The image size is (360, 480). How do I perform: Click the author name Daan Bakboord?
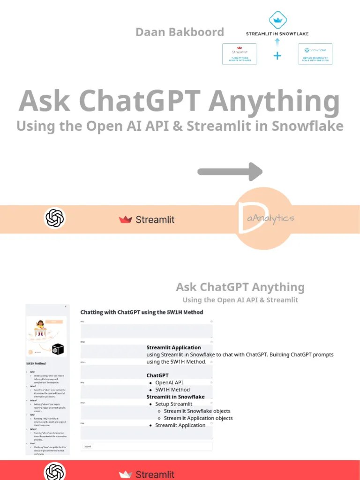pyautogui.click(x=180, y=32)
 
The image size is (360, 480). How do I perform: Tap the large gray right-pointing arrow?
pyautogui.click(x=230, y=172)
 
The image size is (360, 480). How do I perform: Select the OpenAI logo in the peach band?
pyautogui.click(x=55, y=218)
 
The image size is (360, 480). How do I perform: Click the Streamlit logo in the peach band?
pyautogui.click(x=147, y=219)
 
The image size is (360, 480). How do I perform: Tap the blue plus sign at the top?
pyautogui.click(x=277, y=56)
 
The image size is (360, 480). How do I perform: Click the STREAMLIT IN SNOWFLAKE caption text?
pyautogui.click(x=277, y=34)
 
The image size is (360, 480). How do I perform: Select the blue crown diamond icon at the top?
pyautogui.click(x=277, y=19)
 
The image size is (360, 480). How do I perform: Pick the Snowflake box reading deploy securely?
pyautogui.click(x=315, y=54)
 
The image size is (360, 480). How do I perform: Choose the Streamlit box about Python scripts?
pyautogui.click(x=240, y=54)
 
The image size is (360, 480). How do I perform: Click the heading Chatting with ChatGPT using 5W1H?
pyautogui.click(x=142, y=312)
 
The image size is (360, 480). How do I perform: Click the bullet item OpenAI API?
pyautogui.click(x=169, y=382)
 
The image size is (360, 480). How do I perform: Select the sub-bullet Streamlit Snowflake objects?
pyautogui.click(x=197, y=411)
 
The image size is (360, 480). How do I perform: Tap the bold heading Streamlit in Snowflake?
pyautogui.click(x=175, y=397)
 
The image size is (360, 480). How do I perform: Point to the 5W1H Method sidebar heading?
pyautogui.click(x=36, y=363)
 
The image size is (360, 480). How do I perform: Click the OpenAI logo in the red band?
pyautogui.click(x=55, y=472)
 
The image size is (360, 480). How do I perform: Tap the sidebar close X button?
pyautogui.click(x=66, y=307)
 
